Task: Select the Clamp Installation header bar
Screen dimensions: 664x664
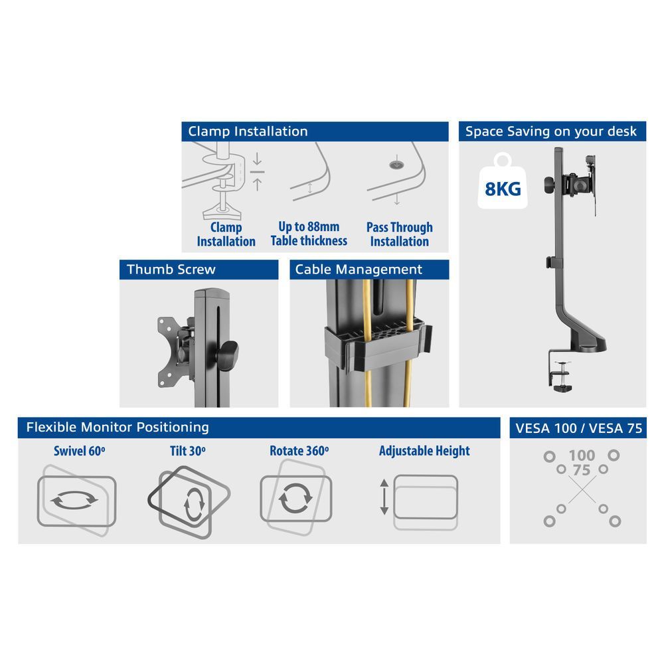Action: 315,131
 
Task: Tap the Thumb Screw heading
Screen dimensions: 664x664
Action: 199,269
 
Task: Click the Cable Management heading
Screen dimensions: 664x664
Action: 369,269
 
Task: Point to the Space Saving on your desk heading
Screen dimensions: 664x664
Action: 552,131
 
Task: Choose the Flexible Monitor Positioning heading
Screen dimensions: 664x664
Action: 258,427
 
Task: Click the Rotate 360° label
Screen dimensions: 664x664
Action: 299,452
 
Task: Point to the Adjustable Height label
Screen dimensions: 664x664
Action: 424,452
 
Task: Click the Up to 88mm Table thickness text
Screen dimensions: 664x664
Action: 309,234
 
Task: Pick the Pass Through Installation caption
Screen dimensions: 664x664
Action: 399,234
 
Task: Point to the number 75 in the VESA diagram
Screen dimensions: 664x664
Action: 582,469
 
